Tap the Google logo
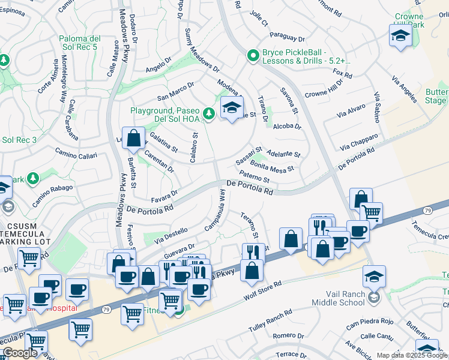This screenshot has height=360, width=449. pyautogui.click(x=19, y=353)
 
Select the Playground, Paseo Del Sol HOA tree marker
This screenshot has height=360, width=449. pyautogui.click(x=208, y=113)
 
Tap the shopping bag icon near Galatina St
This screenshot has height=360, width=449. pyautogui.click(x=133, y=138)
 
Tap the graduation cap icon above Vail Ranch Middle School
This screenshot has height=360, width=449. pyautogui.click(x=374, y=275)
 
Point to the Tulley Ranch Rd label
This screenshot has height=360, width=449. pyautogui.click(x=271, y=322)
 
